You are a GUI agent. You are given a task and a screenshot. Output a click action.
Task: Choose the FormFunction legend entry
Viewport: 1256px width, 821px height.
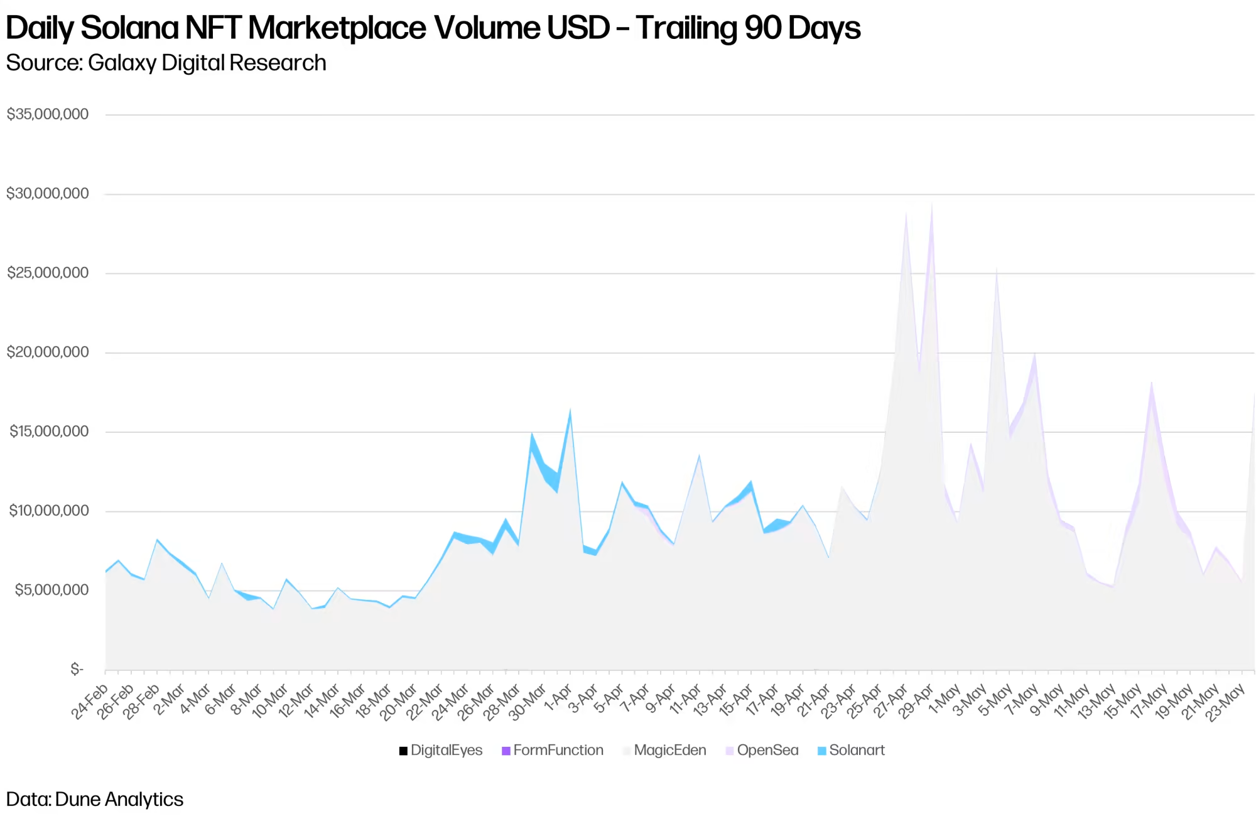(x=553, y=750)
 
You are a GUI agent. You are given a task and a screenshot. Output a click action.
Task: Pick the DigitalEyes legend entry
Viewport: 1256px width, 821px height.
(x=441, y=750)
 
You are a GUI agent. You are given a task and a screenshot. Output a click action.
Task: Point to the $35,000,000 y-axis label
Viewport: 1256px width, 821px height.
(x=48, y=114)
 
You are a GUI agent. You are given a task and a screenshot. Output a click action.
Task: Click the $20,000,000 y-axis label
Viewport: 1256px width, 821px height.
(x=48, y=352)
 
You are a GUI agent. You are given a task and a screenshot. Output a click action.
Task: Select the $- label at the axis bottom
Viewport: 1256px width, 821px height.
(x=77, y=670)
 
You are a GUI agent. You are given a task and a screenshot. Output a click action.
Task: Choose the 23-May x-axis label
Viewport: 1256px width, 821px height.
(x=1226, y=702)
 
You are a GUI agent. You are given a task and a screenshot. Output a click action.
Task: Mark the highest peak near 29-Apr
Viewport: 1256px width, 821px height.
(x=932, y=204)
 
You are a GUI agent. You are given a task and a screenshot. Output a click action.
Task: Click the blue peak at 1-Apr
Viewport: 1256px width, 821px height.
(x=570, y=411)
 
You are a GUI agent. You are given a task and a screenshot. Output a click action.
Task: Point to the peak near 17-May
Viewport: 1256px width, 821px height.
(x=1151, y=383)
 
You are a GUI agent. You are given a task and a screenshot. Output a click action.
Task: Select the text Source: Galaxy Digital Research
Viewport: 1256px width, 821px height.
(x=166, y=63)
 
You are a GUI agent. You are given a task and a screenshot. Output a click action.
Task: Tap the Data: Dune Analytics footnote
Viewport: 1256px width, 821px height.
(x=95, y=799)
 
